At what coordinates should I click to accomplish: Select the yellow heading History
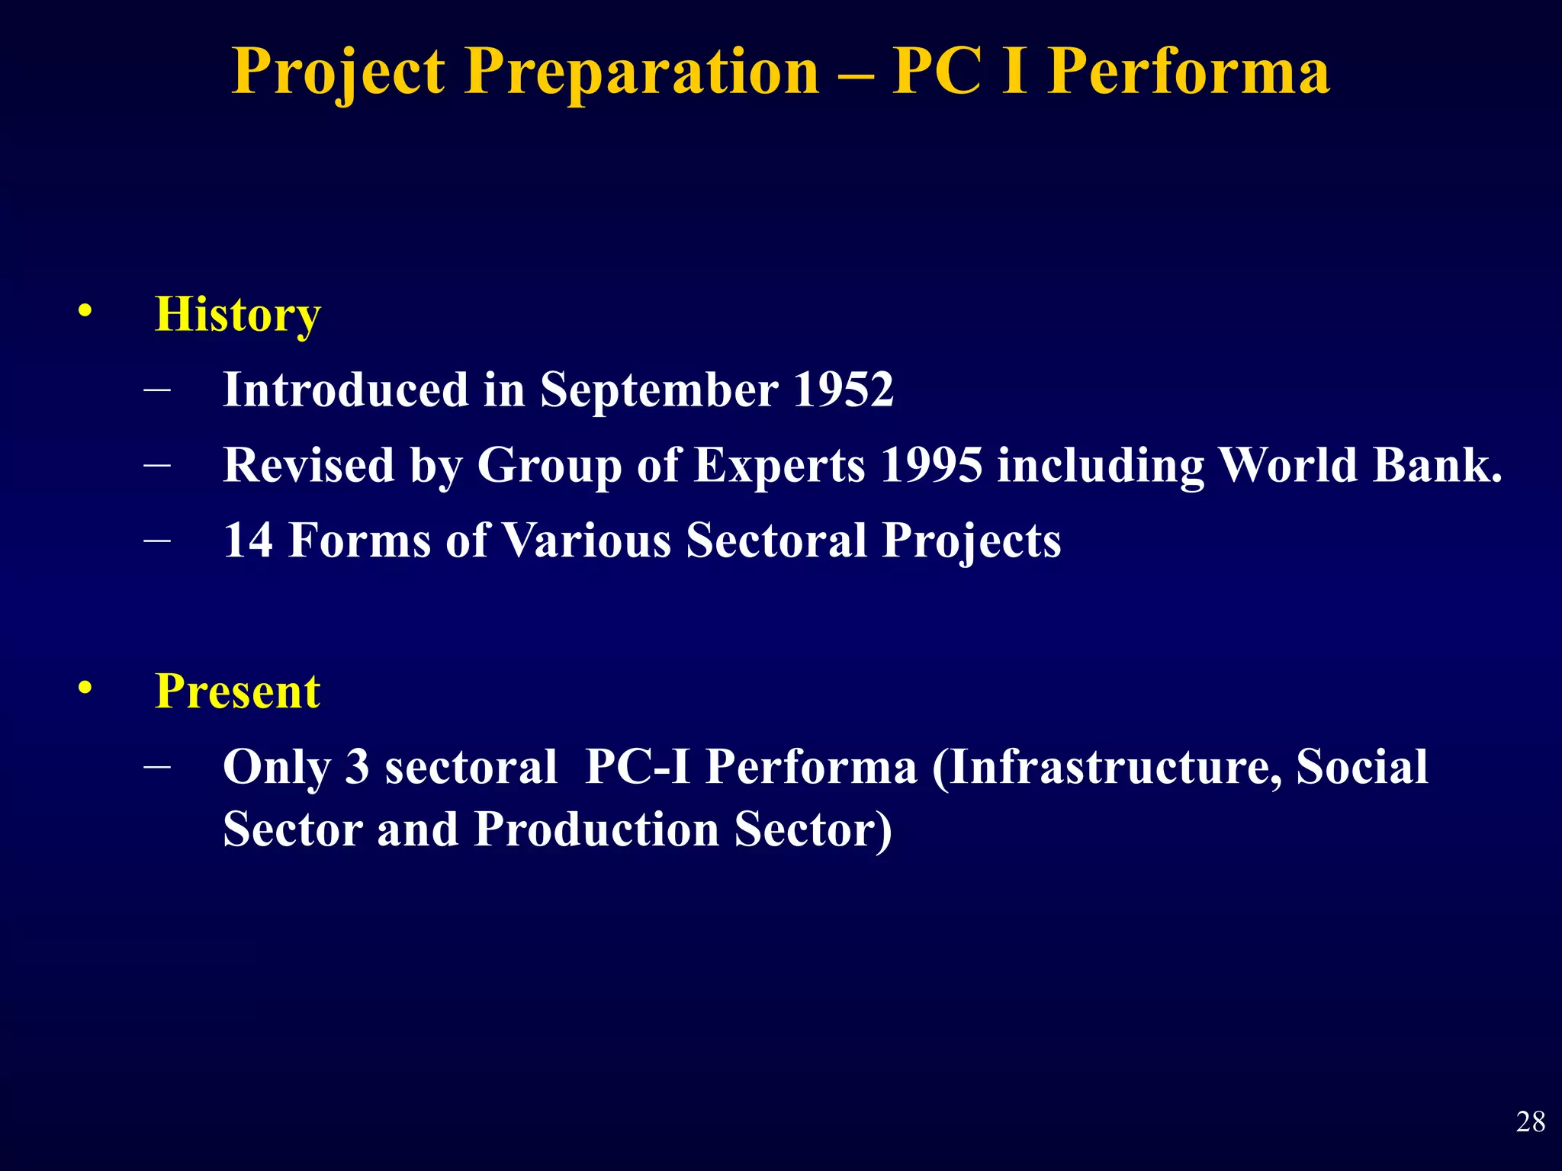pyautogui.click(x=237, y=315)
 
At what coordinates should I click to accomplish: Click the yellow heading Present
pyautogui.click(x=237, y=691)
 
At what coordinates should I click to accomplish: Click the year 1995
pyautogui.click(x=931, y=464)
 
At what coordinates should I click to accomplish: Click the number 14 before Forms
pyautogui.click(x=248, y=541)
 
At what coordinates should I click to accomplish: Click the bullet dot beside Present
pyautogui.click(x=85, y=688)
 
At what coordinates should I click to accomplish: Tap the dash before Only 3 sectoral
pyautogui.click(x=157, y=766)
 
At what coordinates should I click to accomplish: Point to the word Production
pyautogui.click(x=596, y=829)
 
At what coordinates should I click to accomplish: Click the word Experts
pyautogui.click(x=779, y=466)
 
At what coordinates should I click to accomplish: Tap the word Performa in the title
pyautogui.click(x=1188, y=73)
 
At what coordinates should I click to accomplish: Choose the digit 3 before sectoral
pyautogui.click(x=357, y=767)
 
